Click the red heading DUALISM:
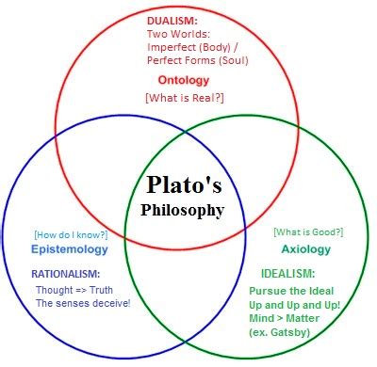(172, 21)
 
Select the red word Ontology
(184, 81)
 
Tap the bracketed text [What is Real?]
(185, 98)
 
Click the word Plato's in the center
(184, 184)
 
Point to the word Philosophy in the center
(183, 211)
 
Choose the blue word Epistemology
(70, 250)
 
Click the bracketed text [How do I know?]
(71, 235)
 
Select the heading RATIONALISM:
(66, 274)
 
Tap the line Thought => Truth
(74, 290)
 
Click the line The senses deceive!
(83, 303)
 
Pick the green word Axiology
(306, 249)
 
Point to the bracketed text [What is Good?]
(308, 232)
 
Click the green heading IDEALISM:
(287, 274)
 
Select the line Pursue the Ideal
(291, 291)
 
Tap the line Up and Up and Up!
(295, 305)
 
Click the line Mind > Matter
(284, 318)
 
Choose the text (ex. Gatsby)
(280, 332)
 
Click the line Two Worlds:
(178, 34)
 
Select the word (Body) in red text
(215, 47)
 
